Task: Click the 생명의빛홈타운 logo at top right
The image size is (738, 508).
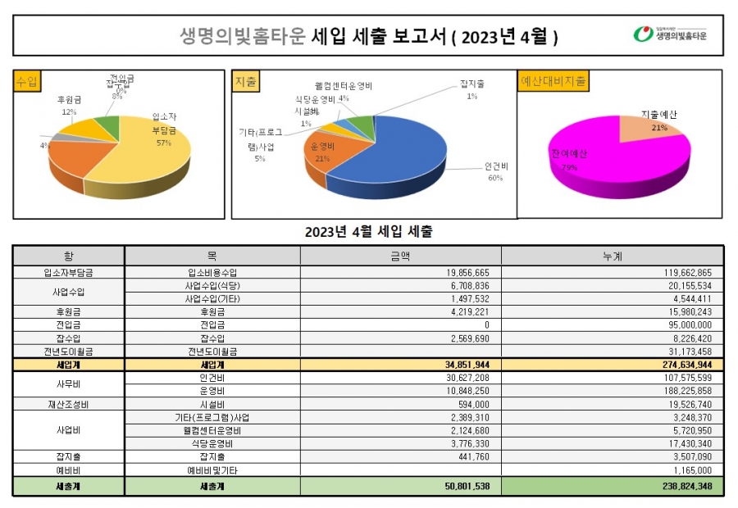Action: pyautogui.click(x=670, y=35)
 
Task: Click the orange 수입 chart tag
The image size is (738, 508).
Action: pyautogui.click(x=27, y=81)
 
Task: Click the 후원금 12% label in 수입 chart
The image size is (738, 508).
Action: pyautogui.click(x=69, y=105)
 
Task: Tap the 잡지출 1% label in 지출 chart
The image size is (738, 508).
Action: pyautogui.click(x=472, y=89)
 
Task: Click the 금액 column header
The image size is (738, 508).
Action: pyautogui.click(x=400, y=256)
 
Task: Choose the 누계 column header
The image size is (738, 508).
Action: pyautogui.click(x=612, y=256)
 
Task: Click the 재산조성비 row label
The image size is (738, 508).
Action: pyautogui.click(x=68, y=404)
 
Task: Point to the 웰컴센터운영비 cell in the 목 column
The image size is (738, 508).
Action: pyautogui.click(x=212, y=430)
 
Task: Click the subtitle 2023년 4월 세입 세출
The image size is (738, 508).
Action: pyautogui.click(x=368, y=232)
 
